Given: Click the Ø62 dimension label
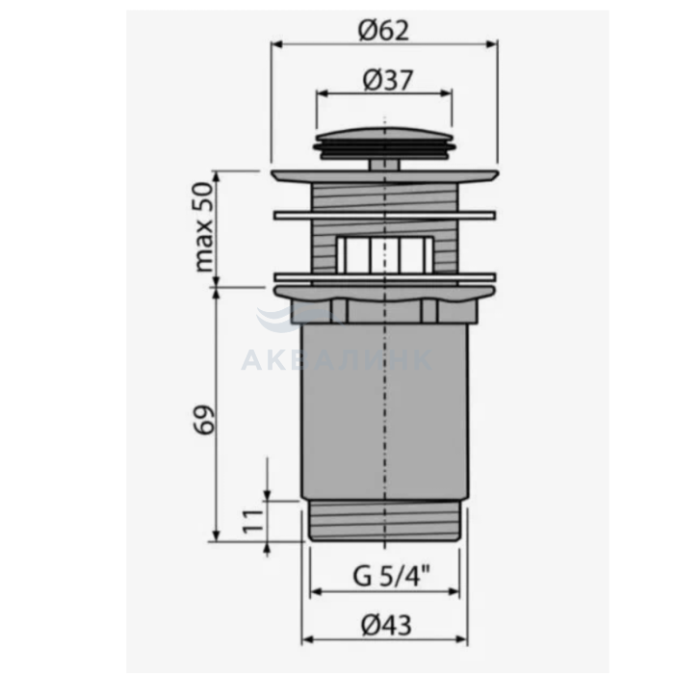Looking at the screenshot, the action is (383, 31).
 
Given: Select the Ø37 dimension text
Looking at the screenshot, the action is (388, 80).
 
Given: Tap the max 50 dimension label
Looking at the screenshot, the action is (204, 226).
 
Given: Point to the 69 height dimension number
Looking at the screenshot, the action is (204, 419).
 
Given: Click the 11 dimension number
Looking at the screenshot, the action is (252, 521).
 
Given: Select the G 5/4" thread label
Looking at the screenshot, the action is (391, 576).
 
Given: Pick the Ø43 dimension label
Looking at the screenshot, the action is (386, 625).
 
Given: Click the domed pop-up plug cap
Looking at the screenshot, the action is (385, 143).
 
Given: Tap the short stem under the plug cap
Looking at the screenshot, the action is (384, 165).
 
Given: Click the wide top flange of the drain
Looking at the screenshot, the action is (385, 175).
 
